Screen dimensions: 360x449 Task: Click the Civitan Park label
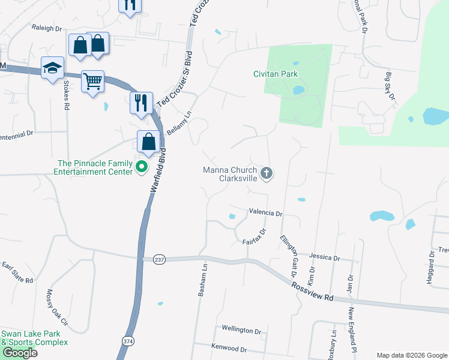[x=275, y=74]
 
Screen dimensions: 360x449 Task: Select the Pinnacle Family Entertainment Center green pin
[x=142, y=166]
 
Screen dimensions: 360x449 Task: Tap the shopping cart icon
[x=92, y=80]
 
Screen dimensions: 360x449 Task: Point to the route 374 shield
[x=127, y=340]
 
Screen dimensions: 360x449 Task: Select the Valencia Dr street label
[x=265, y=213]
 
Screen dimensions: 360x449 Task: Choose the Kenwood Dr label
[x=229, y=348]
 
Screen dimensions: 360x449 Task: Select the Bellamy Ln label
[x=179, y=122]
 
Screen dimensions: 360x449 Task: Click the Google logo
[x=20, y=353]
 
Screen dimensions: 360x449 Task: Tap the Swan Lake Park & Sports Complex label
[x=34, y=338]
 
